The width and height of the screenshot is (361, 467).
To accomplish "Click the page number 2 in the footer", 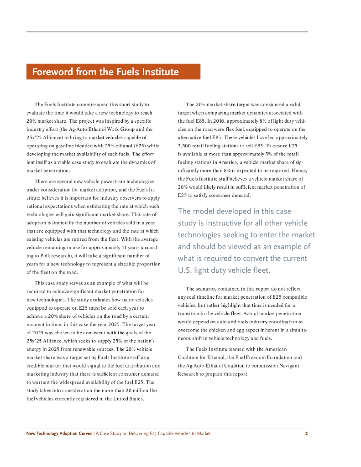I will [x=306, y=434].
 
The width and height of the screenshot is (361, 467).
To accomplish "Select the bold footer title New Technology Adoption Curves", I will [x=59, y=434].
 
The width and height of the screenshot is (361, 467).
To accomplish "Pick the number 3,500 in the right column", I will [x=185, y=146].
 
